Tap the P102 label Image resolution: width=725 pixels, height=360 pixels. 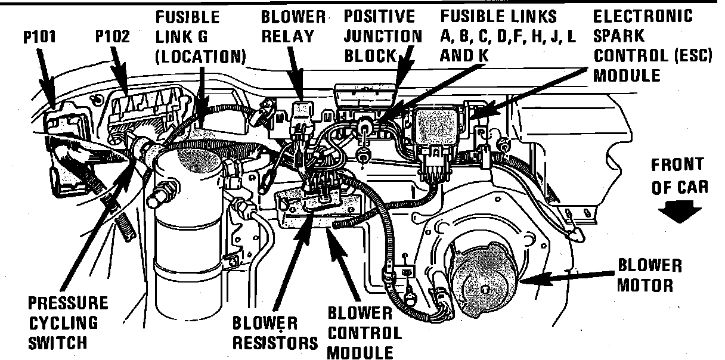click(113, 36)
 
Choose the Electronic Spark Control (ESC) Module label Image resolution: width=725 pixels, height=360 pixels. click(642, 45)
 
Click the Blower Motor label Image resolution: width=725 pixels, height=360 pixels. click(649, 275)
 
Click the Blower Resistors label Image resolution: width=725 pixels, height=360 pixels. click(274, 334)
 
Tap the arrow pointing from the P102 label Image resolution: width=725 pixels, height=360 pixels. click(120, 71)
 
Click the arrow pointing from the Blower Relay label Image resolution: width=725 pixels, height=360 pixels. click(295, 75)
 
